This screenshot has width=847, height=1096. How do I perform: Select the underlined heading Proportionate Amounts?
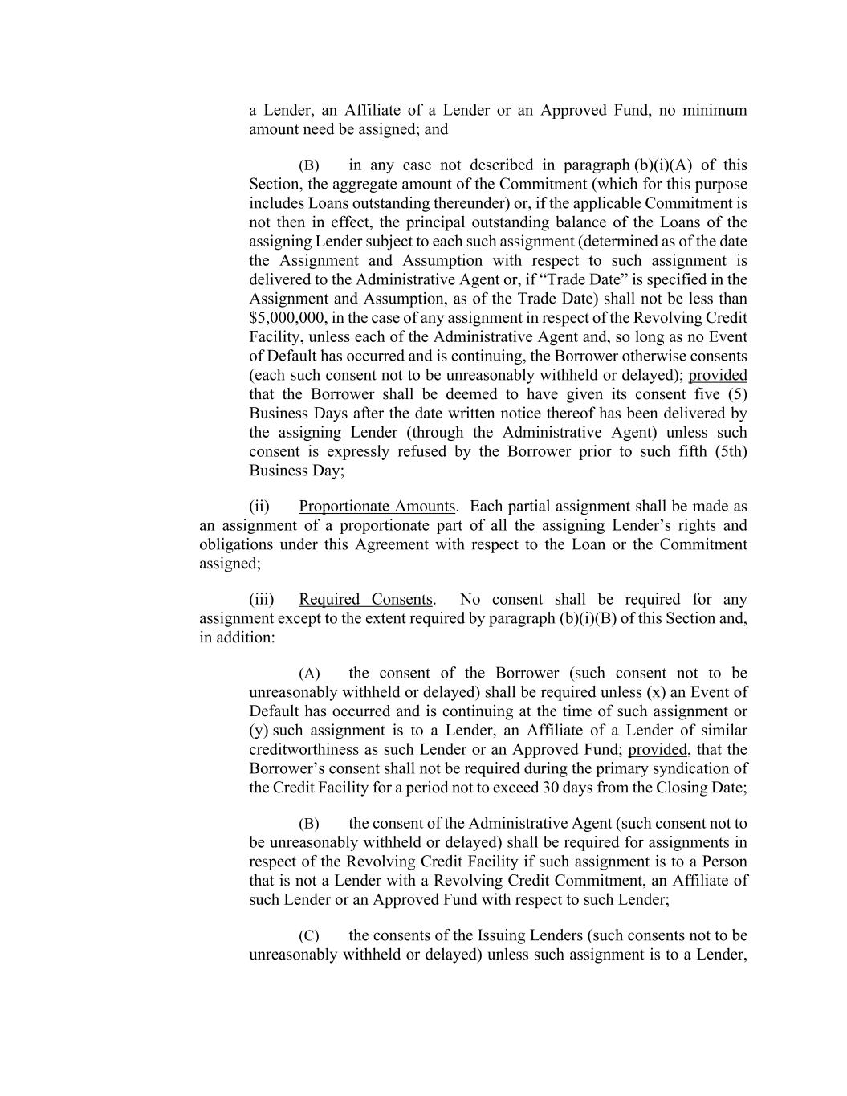point(377,507)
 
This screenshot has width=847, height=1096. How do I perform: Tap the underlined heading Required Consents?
point(365,600)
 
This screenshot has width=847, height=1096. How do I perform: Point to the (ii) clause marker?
point(259,507)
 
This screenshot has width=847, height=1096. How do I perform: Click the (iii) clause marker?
point(262,600)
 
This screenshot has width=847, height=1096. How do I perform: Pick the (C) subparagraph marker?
point(309,936)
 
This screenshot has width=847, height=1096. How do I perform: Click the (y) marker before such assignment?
point(259,731)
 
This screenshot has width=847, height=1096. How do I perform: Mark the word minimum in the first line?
point(715,110)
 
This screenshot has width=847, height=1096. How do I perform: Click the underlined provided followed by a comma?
point(658,750)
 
